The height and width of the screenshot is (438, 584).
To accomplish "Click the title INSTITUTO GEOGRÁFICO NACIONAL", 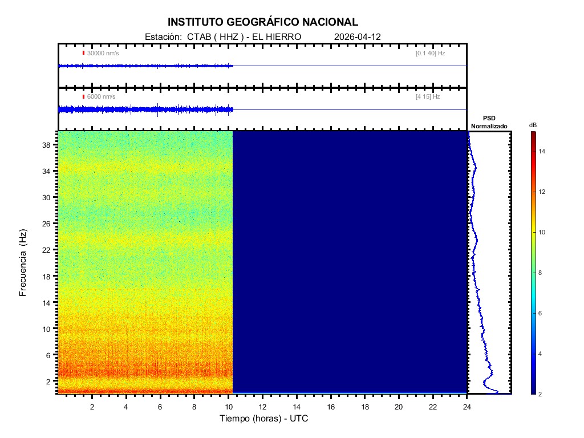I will (x=263, y=22).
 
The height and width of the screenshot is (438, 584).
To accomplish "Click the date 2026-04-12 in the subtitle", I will (x=358, y=36).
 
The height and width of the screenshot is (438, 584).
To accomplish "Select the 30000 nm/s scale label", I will (x=103, y=53).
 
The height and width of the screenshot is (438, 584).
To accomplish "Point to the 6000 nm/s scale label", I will (x=101, y=97).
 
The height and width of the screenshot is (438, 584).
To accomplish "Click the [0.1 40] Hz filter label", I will (x=430, y=53).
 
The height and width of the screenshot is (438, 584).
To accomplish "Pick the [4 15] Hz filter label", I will (x=428, y=97).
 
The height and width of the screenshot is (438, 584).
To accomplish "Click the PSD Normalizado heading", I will (x=489, y=122).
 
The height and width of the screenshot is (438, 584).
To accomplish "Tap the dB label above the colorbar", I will (x=533, y=125).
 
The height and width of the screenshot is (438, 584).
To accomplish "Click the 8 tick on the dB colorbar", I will (x=542, y=273).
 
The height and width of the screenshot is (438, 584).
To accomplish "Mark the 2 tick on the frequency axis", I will (x=50, y=381).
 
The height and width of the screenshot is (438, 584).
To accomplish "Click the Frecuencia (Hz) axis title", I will (x=23, y=263).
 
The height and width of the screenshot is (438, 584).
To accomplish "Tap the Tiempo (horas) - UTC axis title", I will (x=264, y=419).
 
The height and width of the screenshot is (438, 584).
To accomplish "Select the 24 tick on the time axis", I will (x=467, y=407).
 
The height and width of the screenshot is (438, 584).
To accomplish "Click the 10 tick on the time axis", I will (x=228, y=407).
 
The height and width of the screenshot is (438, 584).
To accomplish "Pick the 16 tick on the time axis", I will (x=331, y=407).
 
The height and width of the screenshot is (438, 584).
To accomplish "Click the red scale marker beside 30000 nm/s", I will (x=83, y=53).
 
